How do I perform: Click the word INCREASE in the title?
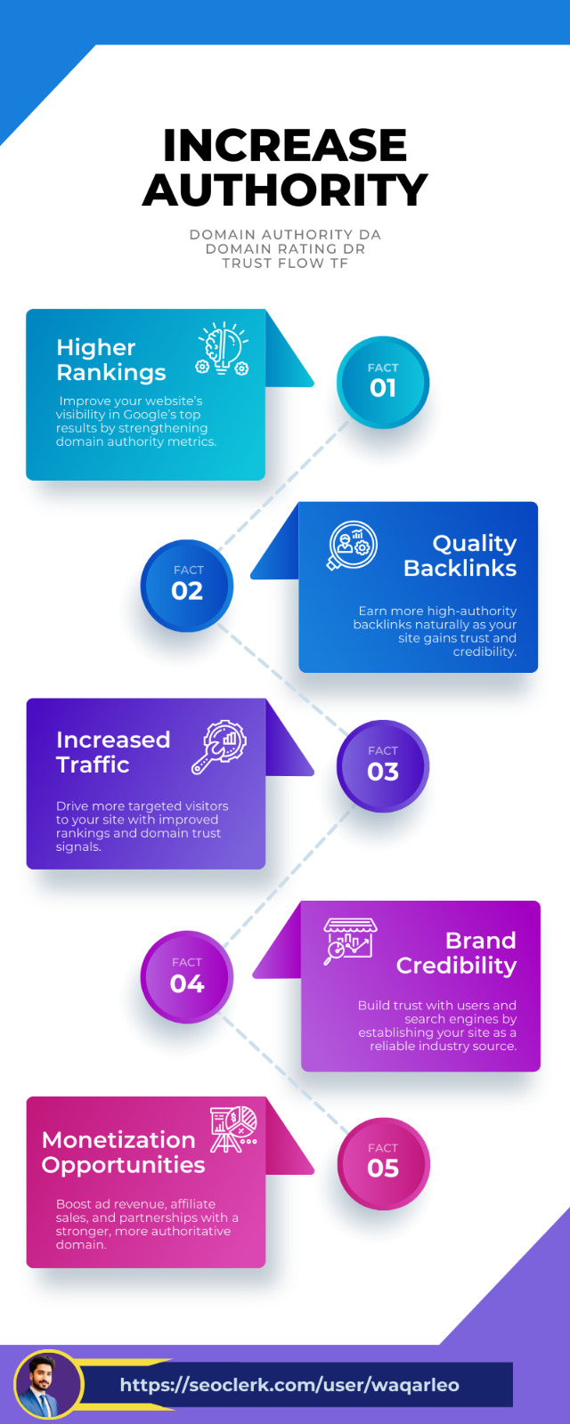coord(285,145)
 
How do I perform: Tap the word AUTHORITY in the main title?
coord(285,190)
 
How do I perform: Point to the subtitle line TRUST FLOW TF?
coord(285,263)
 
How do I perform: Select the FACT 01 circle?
coord(383,382)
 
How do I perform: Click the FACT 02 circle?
coord(187,585)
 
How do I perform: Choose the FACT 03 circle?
coord(383,765)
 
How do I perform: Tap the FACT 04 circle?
coord(187,977)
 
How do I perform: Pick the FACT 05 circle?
coord(383,1162)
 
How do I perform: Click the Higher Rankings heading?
coord(110,360)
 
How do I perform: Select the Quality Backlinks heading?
coord(460,555)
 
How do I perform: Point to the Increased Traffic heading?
coord(112,752)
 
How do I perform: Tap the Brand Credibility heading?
coord(457,953)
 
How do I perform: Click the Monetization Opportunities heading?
coord(123,1152)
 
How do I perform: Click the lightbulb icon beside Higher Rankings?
coord(223,349)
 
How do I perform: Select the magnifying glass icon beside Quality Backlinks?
coord(353,545)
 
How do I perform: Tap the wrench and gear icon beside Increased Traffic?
coord(220,747)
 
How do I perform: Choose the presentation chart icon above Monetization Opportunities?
coord(233,1129)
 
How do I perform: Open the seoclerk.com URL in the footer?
coord(289,1385)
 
